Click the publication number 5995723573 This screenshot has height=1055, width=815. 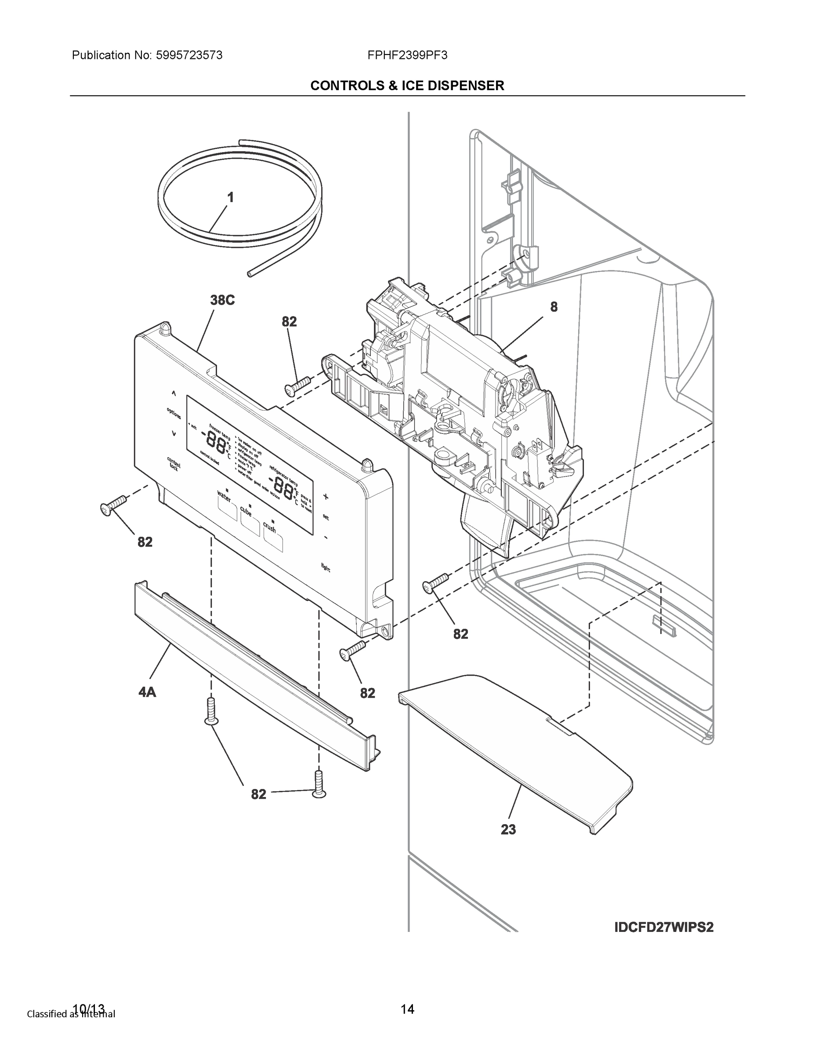coord(188,55)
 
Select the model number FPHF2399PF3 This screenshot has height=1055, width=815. coord(407,55)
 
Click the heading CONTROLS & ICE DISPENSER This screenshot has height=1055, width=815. coord(407,86)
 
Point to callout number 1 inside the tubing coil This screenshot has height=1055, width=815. coord(230,197)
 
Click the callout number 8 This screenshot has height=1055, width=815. coord(554,307)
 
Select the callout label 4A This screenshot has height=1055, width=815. coord(147,692)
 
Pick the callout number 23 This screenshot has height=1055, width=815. coord(508,829)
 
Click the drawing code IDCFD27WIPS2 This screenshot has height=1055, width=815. coord(664,928)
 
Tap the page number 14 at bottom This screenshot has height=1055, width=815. coord(407,1009)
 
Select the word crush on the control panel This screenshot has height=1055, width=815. coord(269,527)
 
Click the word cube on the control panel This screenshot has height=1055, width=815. coord(246,511)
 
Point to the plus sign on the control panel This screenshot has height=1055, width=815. coord(326,496)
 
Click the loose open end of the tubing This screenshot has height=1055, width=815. coord(249,274)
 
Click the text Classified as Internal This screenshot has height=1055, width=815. coord(71,1013)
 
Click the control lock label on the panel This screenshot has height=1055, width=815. coord(174,463)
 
